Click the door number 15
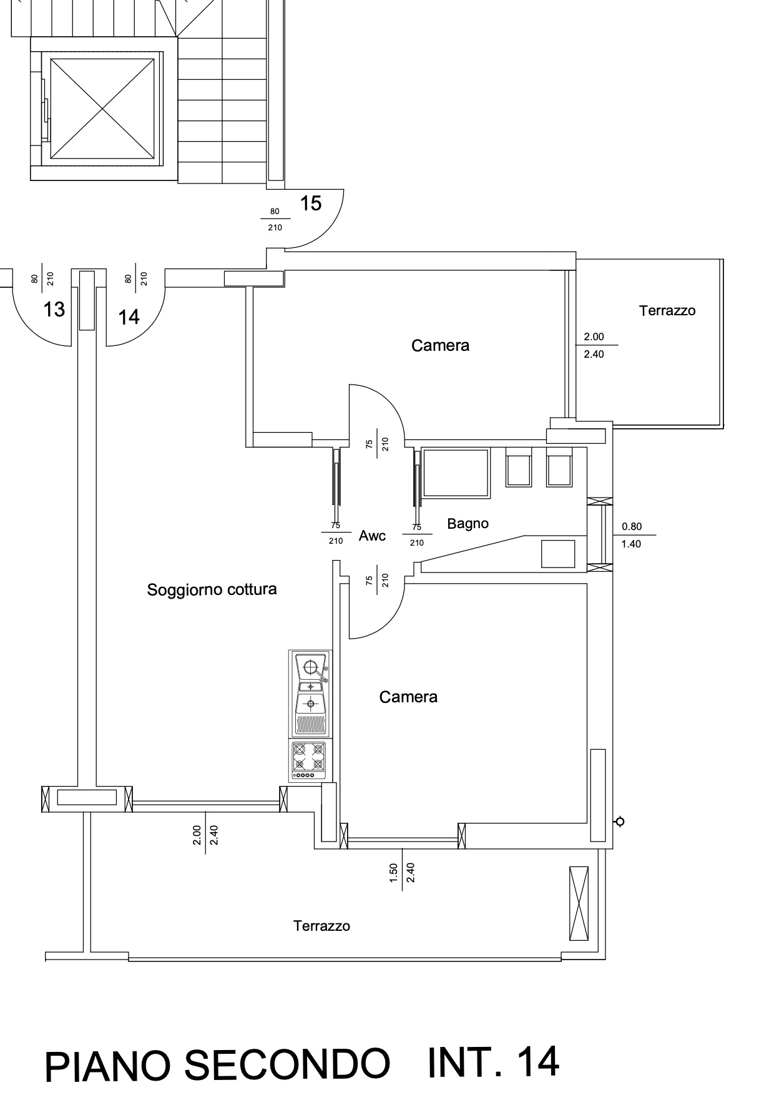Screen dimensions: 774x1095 click(x=311, y=203)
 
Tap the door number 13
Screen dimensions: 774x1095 click(x=54, y=309)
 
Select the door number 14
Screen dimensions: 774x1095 click(x=129, y=317)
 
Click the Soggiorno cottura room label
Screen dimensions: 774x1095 click(x=212, y=589)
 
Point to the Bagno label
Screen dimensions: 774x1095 click(x=468, y=524)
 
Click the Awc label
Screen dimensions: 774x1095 click(x=373, y=536)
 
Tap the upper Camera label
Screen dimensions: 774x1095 click(x=440, y=345)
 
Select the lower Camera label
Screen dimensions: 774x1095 click(x=408, y=697)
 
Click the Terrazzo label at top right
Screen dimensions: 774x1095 click(x=667, y=310)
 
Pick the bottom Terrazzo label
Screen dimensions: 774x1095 click(x=321, y=926)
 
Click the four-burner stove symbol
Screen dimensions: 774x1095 click(x=310, y=760)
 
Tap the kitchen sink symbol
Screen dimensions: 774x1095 click(x=310, y=693)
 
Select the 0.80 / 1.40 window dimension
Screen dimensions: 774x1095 click(x=631, y=535)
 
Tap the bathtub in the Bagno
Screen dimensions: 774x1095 click(x=456, y=473)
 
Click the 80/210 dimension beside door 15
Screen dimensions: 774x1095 click(x=275, y=220)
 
